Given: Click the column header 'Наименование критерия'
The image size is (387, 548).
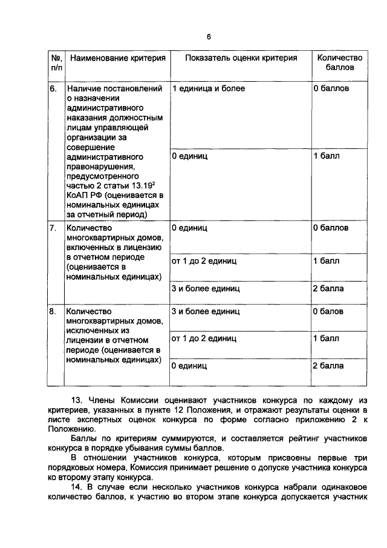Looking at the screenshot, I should [x=117, y=58].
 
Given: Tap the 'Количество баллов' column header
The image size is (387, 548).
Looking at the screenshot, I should [x=339, y=63].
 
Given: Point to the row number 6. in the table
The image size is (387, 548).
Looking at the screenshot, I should [x=53, y=89].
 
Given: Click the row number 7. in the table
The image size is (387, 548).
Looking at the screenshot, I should [x=53, y=228].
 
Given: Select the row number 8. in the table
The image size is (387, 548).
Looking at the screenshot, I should [x=53, y=311].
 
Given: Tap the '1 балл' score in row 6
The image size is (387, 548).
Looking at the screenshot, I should [x=327, y=156].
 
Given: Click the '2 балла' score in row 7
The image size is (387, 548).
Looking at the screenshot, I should [x=328, y=288].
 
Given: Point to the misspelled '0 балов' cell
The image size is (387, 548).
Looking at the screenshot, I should [x=328, y=311].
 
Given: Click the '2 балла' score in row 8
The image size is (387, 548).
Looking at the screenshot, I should [x=328, y=366].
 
